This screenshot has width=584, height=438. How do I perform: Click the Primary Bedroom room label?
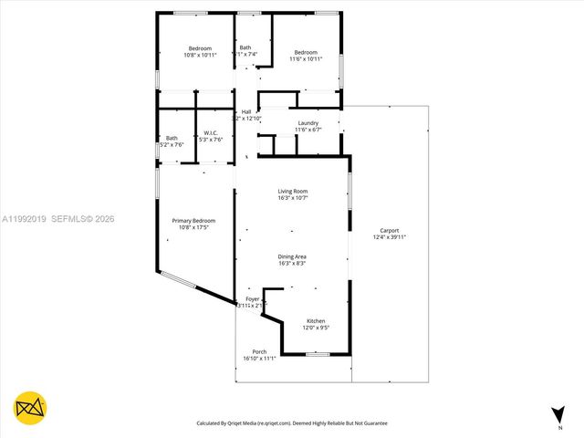tap(193, 221)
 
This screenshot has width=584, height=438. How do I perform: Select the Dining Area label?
tap(292, 256)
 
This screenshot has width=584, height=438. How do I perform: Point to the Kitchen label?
tap(316, 321)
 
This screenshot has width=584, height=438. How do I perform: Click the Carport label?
tap(389, 231)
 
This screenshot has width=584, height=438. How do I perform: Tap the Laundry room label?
tap(308, 123)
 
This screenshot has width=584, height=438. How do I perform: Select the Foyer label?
tap(252, 299)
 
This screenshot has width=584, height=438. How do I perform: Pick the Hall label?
tap(246, 112)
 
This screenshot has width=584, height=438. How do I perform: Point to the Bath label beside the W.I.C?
tap(172, 138)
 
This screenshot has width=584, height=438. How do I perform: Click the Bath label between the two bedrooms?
tap(245, 47)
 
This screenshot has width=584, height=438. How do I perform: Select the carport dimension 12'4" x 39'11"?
tap(389, 237)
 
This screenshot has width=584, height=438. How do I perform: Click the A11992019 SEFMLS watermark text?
tap(57, 219)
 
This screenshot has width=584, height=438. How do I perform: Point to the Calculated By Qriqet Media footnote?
tap(292, 423)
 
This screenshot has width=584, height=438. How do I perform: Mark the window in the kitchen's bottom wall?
tap(317, 354)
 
